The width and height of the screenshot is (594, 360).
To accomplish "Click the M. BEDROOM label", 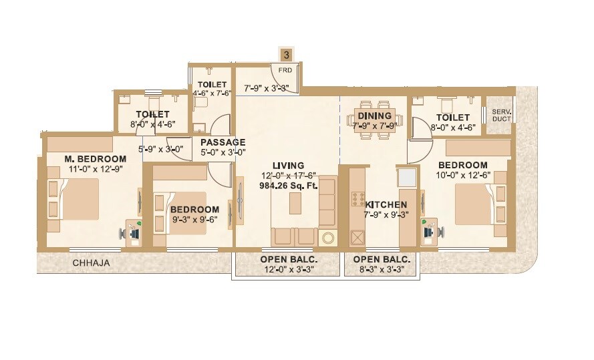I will (95, 158).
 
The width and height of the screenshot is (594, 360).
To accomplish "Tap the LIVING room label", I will (288, 165).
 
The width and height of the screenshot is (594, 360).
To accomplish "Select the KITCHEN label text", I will (385, 204).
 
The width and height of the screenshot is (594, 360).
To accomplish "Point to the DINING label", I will (374, 116).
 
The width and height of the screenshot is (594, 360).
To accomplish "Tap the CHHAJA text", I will (91, 263).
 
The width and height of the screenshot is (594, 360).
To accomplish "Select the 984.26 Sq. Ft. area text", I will (288, 186).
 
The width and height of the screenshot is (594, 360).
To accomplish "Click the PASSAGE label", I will (222, 142).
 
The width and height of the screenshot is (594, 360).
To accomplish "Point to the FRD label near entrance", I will (285, 70).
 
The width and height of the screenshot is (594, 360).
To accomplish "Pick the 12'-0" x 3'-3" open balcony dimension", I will (288, 270).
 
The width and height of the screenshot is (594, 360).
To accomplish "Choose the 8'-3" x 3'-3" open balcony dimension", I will (382, 270).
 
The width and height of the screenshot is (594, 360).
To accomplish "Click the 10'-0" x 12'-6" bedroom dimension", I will (463, 175).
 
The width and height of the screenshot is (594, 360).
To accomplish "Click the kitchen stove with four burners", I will (357, 200).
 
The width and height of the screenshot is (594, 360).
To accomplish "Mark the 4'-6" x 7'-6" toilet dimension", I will (211, 94).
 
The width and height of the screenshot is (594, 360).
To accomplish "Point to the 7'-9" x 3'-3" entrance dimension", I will (266, 87).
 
